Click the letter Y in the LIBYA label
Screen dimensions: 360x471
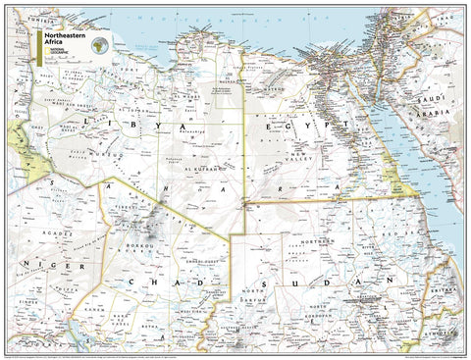[x=167, y=129]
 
